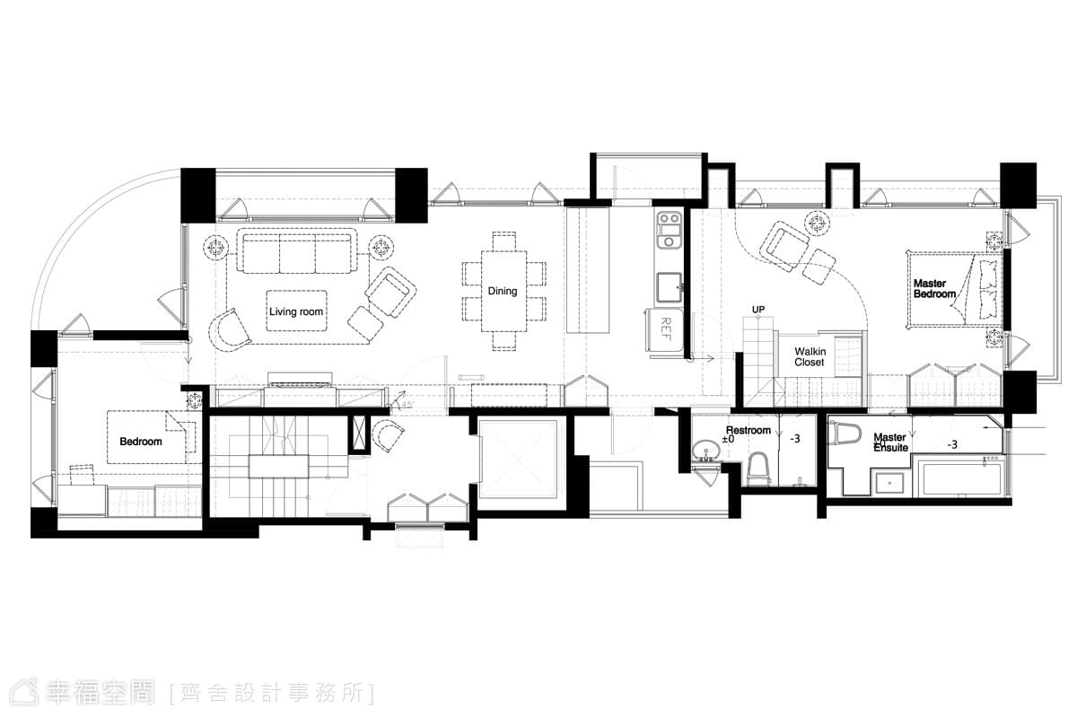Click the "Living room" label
[x=295, y=311]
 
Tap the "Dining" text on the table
[x=503, y=291]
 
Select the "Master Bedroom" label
[x=934, y=289]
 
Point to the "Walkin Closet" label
[x=810, y=357]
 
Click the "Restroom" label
[x=749, y=430]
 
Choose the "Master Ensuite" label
[x=890, y=442]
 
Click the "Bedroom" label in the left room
[x=140, y=442]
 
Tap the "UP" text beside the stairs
[x=758, y=310]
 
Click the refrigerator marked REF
[x=665, y=330]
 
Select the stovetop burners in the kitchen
[x=670, y=230]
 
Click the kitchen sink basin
[x=670, y=287]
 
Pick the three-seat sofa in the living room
[x=297, y=251]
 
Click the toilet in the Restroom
[x=757, y=468]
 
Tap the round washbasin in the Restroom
[x=705, y=451]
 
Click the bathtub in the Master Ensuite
[x=960, y=477]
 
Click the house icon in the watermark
[x=24, y=692]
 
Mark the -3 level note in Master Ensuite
[x=952, y=445]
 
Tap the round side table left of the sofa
[x=216, y=248]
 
